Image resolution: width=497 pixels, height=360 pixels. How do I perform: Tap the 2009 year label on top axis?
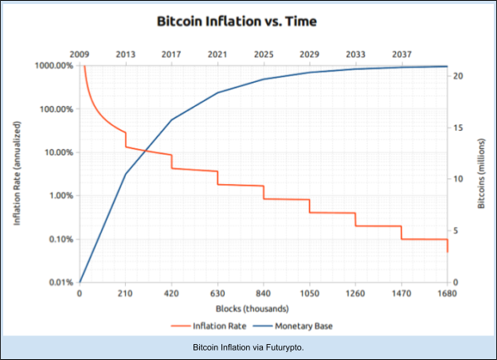pyautogui.click(x=80, y=53)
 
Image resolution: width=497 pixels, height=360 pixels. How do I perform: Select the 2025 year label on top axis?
pyautogui.click(x=263, y=53)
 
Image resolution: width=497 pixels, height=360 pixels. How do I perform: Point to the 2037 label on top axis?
pyautogui.click(x=401, y=53)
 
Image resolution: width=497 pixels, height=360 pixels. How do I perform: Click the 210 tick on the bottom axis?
pyautogui.click(x=125, y=294)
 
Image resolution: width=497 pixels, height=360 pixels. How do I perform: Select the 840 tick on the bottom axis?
pyautogui.click(x=263, y=294)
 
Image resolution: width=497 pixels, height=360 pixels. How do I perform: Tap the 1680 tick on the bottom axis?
pyautogui.click(x=446, y=294)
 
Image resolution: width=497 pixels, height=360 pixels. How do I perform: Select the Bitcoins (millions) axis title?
pyautogui.click(x=481, y=173)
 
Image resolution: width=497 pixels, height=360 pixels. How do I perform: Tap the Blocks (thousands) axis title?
pyautogui.click(x=262, y=308)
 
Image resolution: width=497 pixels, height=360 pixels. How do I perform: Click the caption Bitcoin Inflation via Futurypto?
pyautogui.click(x=248, y=348)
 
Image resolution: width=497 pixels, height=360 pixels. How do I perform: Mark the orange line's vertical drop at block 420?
pyautogui.click(x=171, y=161)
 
